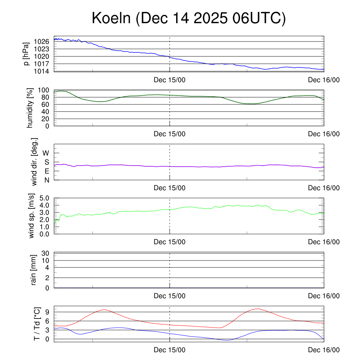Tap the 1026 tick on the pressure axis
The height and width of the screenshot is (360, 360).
coord(41,41)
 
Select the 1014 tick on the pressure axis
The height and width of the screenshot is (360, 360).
coord(41,71)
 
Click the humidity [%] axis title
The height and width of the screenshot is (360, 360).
coord(30,108)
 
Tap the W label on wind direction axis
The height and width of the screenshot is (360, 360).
coord(46,153)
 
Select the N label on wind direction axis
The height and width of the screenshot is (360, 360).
coord(46,180)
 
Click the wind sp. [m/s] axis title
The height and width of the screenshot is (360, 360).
coord(32,216)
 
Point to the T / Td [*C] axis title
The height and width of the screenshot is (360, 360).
coord(37,324)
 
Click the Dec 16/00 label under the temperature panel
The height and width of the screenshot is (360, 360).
coord(324,350)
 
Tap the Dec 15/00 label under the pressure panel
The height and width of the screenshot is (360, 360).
coord(169,80)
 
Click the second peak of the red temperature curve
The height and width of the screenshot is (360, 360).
coord(258,309)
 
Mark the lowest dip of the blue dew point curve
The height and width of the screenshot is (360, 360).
coord(227,340)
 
